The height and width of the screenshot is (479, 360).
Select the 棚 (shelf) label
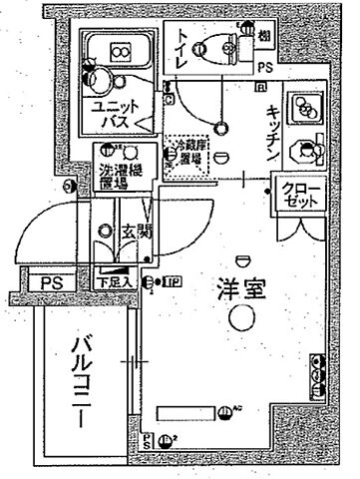[264, 38]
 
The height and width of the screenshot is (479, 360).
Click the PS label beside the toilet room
[264, 67]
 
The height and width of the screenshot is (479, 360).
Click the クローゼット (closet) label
[295, 193]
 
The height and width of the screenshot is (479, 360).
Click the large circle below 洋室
[239, 318]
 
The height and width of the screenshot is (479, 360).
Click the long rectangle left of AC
[194, 412]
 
